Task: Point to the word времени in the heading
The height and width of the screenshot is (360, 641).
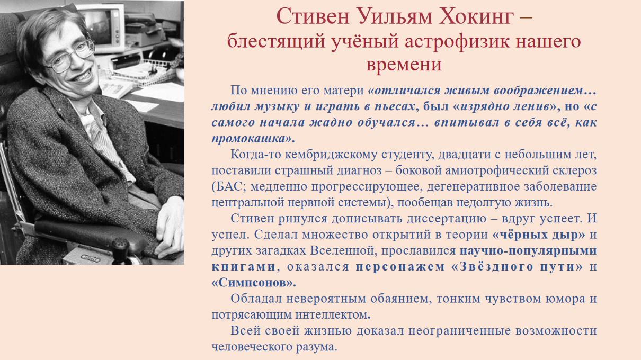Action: [404, 64]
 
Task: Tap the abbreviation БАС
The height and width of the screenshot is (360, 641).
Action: [229, 187]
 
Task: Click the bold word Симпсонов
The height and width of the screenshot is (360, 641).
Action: [253, 283]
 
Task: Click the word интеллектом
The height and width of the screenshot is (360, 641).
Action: [331, 315]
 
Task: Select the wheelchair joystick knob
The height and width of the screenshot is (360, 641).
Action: [120, 246]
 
